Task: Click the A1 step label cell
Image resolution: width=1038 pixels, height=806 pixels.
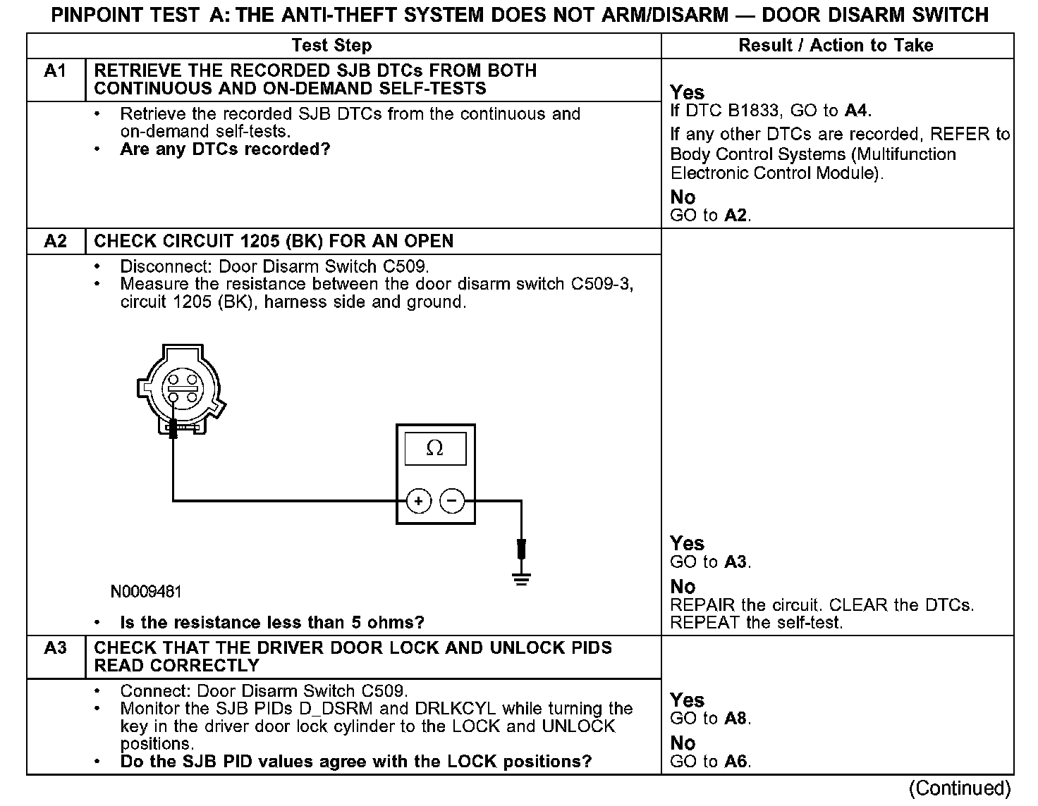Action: [x=55, y=71]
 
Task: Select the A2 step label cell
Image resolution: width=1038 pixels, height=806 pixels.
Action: [x=55, y=241]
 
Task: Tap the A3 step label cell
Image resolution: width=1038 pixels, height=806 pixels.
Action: [x=55, y=648]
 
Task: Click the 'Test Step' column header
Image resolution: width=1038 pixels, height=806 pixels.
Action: [x=331, y=46]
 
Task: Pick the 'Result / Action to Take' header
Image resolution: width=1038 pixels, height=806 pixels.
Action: [x=836, y=46]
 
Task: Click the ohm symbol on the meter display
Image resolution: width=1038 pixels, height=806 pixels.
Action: [x=435, y=448]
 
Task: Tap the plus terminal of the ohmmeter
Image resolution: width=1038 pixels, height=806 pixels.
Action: [x=419, y=501]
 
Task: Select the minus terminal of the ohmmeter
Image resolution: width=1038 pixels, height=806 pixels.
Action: [x=452, y=501]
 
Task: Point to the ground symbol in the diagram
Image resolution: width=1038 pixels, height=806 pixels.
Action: [x=521, y=580]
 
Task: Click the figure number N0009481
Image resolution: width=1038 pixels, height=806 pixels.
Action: [x=146, y=592]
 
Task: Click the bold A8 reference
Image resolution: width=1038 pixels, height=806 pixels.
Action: [x=737, y=719]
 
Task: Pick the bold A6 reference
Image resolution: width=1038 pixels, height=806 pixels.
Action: [x=737, y=762]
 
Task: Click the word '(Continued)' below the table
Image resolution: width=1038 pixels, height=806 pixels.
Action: [x=960, y=788]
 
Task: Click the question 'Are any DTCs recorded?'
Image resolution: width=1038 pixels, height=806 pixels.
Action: [x=225, y=149]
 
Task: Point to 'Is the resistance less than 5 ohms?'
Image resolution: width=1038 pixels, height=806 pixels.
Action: [x=272, y=623]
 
